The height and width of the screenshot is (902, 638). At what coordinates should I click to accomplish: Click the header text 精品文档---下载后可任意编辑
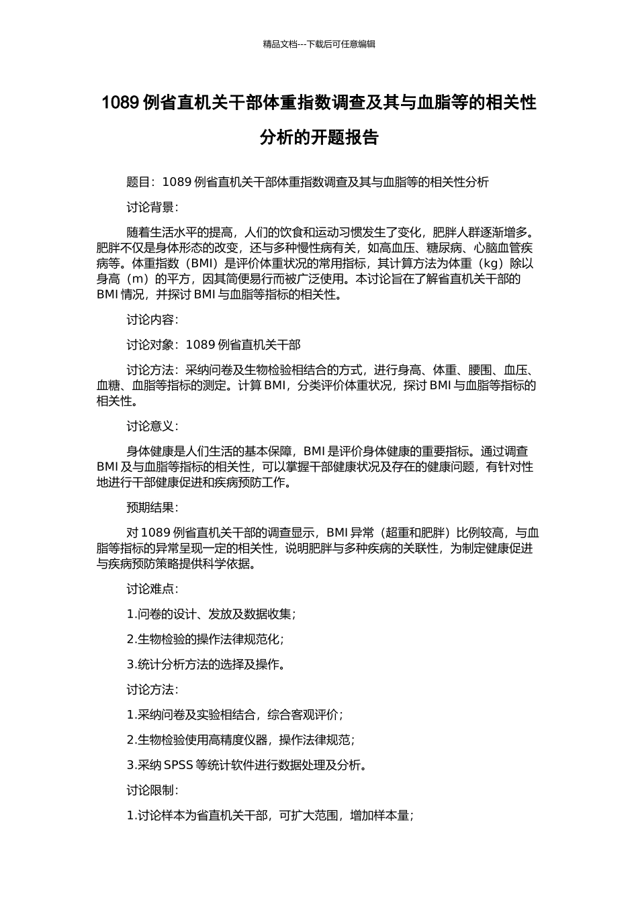(319, 44)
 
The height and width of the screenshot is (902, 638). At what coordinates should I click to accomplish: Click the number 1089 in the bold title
(120, 103)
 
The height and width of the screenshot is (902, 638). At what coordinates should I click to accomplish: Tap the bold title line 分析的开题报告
(319, 138)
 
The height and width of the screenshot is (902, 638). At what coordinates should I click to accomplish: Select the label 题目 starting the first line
(138, 182)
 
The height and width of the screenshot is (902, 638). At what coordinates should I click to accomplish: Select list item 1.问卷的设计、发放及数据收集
(211, 614)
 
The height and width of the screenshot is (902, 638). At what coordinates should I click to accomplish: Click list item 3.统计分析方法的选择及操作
(206, 664)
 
